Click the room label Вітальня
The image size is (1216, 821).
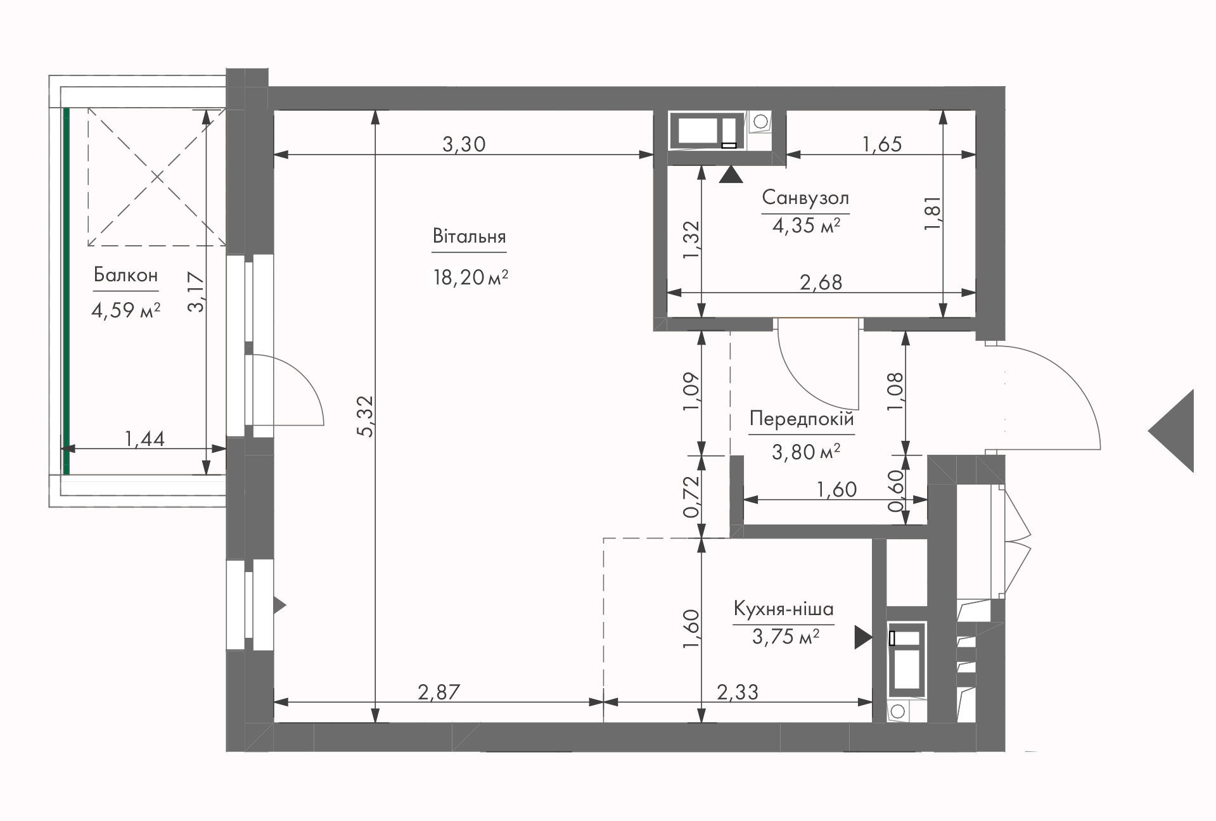point(469,236)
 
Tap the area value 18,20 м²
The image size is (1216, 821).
point(470,277)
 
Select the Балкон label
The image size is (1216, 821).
point(125,275)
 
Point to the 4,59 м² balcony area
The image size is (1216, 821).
point(125,310)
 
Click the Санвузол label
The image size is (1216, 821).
point(805,198)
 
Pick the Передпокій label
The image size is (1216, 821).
point(802,419)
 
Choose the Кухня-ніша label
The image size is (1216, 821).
point(783,609)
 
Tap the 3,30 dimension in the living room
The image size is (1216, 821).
point(464,144)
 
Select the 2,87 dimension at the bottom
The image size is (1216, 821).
point(438,692)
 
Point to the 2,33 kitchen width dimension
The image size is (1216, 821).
point(738,692)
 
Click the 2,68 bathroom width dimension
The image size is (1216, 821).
point(821,282)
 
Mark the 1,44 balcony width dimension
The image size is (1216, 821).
point(144,438)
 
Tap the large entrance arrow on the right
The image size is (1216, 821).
point(1172,431)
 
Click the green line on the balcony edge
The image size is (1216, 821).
point(66,291)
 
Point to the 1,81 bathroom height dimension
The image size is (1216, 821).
point(933,213)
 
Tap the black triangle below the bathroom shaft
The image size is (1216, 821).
point(731,175)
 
